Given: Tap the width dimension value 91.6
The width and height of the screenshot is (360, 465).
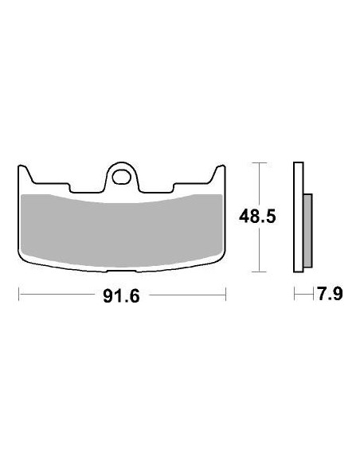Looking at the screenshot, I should click(122, 296).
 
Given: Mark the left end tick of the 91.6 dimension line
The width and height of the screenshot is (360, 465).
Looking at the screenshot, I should click(18, 296).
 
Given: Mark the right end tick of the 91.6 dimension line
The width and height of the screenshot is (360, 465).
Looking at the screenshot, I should click(226, 296).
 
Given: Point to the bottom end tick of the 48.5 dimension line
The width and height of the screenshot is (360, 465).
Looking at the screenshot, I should click(257, 272).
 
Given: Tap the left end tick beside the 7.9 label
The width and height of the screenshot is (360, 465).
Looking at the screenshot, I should click(294, 295).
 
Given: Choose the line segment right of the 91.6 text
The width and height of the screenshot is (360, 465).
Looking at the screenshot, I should click(187, 296).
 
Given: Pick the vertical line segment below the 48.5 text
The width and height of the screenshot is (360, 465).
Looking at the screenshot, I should click(257, 251).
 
